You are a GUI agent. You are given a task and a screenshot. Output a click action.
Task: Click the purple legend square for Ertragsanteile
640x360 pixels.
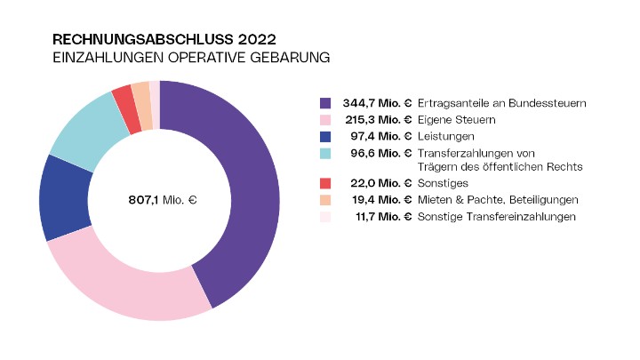[x=325, y=103]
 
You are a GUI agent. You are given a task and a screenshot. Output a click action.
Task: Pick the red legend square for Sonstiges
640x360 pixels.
[x=325, y=183]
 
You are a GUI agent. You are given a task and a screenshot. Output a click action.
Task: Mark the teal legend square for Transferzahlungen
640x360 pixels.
[x=325, y=152]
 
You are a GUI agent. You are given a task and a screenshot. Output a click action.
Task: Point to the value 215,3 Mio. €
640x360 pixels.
[x=378, y=119]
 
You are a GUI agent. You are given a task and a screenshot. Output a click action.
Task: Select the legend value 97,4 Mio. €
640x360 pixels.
[x=381, y=135]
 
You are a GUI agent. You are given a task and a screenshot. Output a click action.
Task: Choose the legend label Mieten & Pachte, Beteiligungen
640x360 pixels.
[x=499, y=199]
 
